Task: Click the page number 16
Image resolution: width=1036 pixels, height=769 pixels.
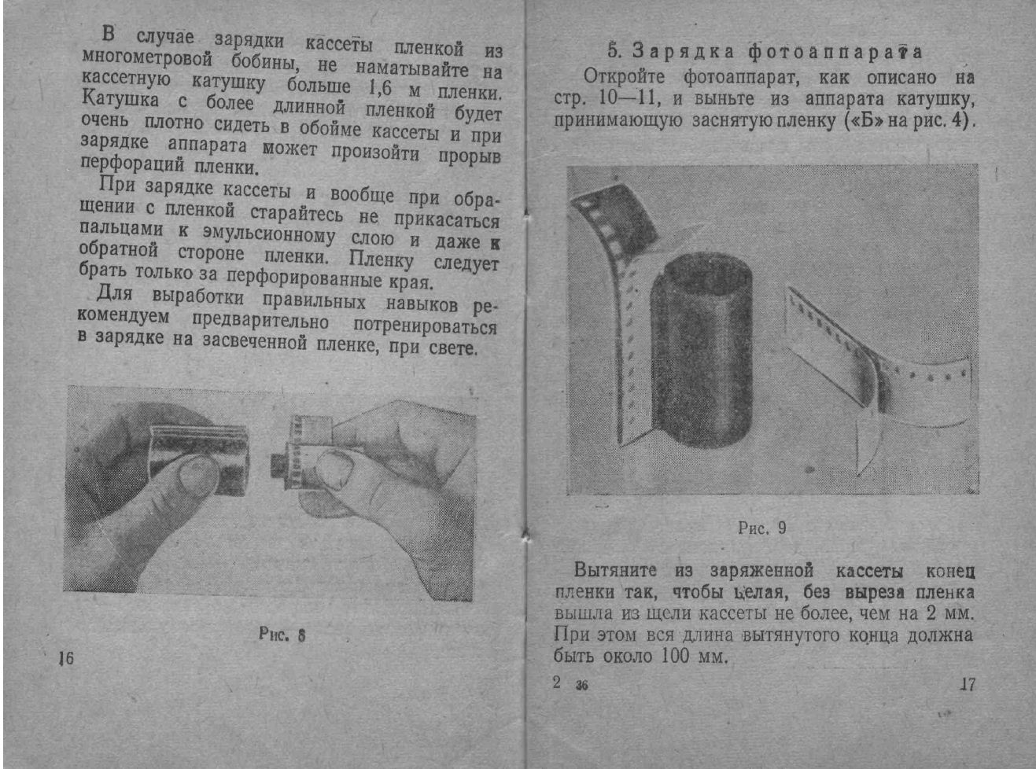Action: pyautogui.click(x=66, y=658)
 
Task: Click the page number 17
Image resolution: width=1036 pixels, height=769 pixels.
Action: pyautogui.click(x=968, y=684)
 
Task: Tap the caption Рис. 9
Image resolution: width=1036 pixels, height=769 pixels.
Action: pyautogui.click(x=761, y=528)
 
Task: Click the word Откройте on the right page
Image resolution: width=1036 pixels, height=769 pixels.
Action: pyautogui.click(x=624, y=77)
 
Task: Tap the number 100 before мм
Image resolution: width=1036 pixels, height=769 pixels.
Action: pyautogui.click(x=676, y=656)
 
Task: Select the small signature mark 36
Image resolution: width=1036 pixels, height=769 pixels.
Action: pyautogui.click(x=581, y=685)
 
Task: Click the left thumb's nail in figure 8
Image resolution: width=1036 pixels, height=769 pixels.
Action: pyautogui.click(x=197, y=476)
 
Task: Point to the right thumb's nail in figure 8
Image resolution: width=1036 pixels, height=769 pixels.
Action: pyautogui.click(x=337, y=469)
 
